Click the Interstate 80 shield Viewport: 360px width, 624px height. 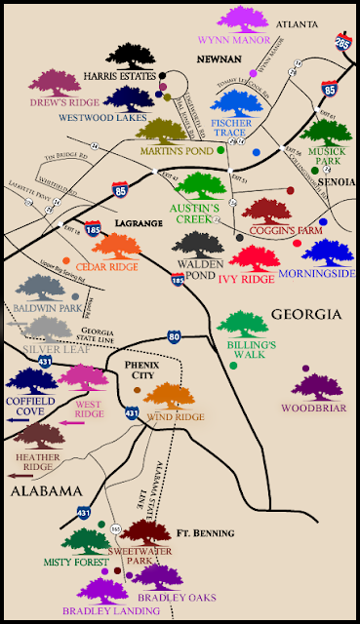point(174,338)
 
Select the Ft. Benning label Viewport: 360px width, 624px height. point(205,533)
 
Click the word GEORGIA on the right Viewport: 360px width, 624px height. point(304,314)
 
